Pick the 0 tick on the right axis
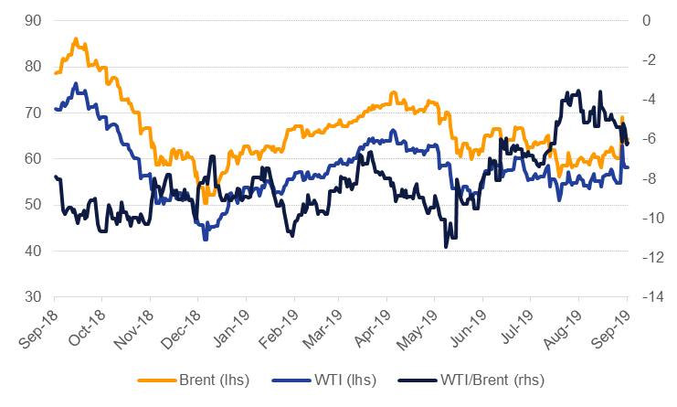tap(648, 20)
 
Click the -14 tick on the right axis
tap(651, 297)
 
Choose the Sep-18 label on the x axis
tap(37, 327)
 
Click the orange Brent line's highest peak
tap(76, 38)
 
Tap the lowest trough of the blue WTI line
tap(206, 239)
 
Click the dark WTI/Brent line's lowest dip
tap(446, 247)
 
